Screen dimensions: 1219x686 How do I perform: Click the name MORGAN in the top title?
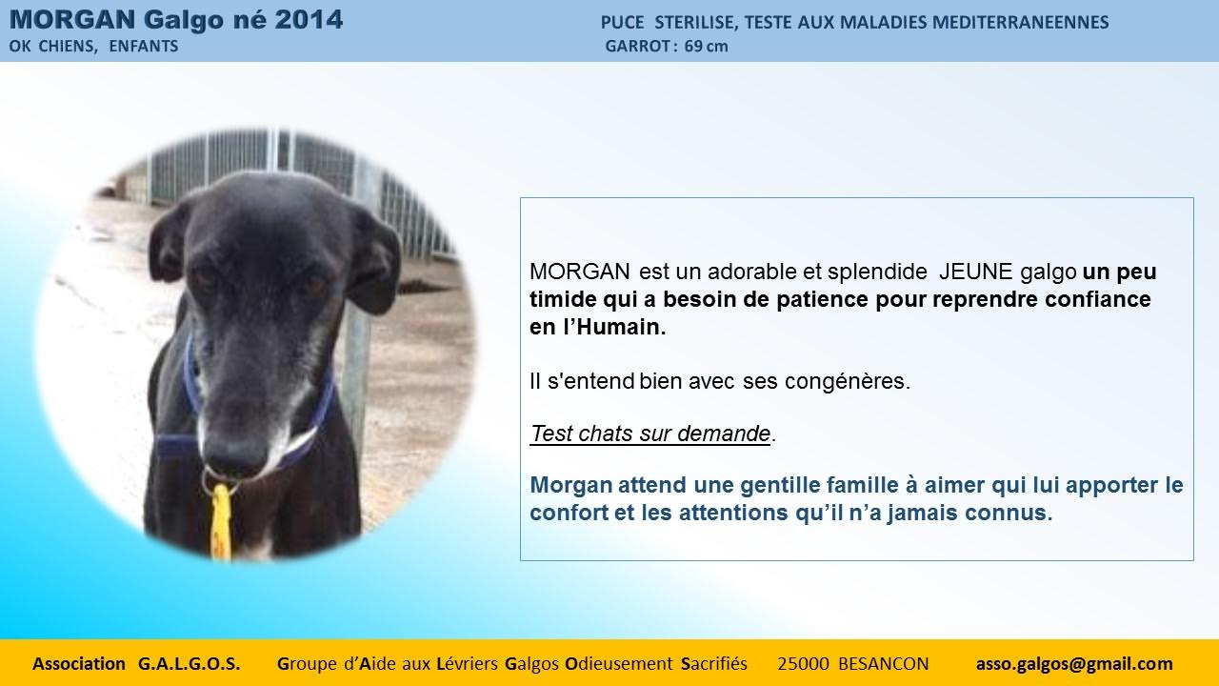coord(72,20)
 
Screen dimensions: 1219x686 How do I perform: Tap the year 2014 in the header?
coord(309,20)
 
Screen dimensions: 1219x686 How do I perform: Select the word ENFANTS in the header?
coord(144,47)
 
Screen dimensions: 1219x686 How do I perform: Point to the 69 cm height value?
coord(706,47)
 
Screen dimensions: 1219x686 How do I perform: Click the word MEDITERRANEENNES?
coord(1020,22)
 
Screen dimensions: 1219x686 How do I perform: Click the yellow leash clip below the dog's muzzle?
coord(221,520)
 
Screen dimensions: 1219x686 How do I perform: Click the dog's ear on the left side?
coord(168,245)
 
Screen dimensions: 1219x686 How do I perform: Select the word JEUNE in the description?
coord(976,272)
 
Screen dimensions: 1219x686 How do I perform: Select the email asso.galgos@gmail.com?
coord(1074,664)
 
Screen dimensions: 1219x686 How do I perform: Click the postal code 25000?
coord(803,664)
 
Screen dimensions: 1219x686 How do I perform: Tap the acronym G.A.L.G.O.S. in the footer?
coord(189,664)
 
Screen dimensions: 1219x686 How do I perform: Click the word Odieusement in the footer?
coord(619,664)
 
